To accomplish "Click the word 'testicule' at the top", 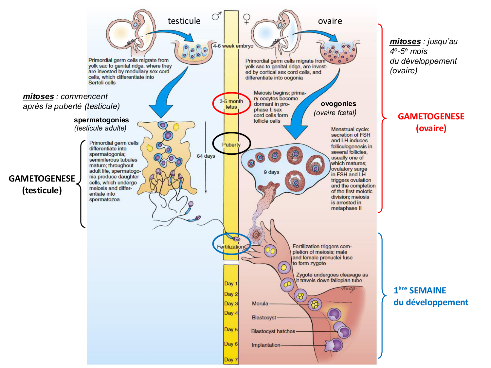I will point(184,21).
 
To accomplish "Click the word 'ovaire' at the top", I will point(330,21).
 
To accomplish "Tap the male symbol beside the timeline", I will point(216,16).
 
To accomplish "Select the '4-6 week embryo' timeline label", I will point(233,46).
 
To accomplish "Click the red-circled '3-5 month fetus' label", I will point(231,104).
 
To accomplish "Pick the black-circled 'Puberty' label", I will point(231,145).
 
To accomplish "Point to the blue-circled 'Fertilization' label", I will point(230,247).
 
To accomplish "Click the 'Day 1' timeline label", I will point(231,284).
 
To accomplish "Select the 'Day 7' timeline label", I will point(231,359).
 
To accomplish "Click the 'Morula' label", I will point(260,304).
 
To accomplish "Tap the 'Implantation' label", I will point(266,345).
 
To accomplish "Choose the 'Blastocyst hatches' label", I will point(273,331).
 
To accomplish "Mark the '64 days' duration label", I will point(206,156).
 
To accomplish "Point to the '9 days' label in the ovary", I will point(271,172).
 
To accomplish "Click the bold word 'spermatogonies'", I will point(101,120).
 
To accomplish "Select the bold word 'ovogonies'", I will point(338,104).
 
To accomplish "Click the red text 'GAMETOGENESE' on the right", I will point(431,116).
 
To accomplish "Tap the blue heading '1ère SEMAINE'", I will point(420,290).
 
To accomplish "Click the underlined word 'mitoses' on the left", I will point(38,96).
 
